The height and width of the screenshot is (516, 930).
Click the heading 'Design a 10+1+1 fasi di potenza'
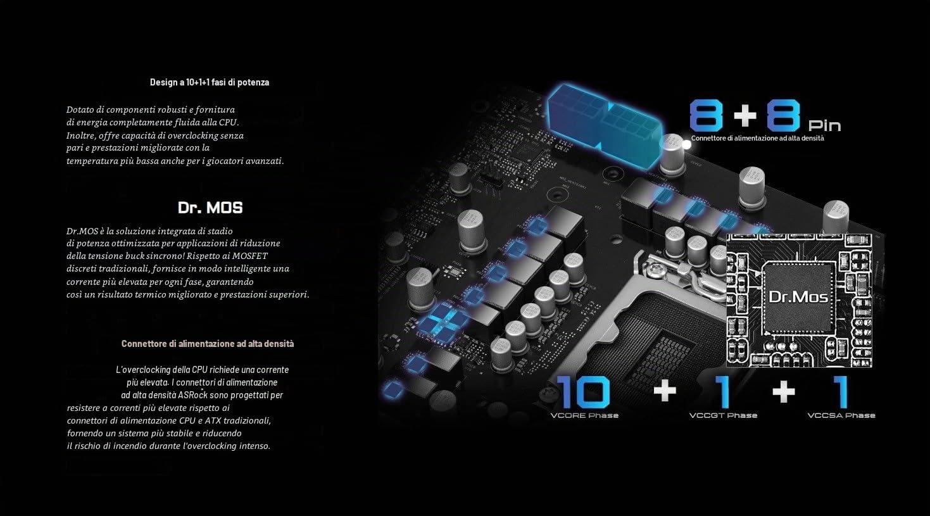pyautogui.click(x=210, y=82)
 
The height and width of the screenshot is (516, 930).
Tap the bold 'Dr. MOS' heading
pyautogui.click(x=210, y=208)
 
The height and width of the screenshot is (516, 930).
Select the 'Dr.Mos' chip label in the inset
pyautogui.click(x=798, y=296)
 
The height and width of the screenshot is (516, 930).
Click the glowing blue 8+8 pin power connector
pyautogui.click(x=605, y=125)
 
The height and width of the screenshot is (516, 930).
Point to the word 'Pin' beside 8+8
pyautogui.click(x=824, y=125)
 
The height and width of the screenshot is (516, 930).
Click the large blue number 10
pyautogui.click(x=583, y=392)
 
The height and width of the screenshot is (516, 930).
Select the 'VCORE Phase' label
pyautogui.click(x=584, y=415)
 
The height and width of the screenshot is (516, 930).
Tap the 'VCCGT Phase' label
pyautogui.click(x=723, y=415)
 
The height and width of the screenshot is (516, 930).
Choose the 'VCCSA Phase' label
pyautogui.click(x=841, y=415)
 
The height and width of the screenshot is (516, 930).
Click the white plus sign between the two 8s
pyautogui.click(x=745, y=115)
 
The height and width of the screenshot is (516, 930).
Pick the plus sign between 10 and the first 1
pyautogui.click(x=665, y=391)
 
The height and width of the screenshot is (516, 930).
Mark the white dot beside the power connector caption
pyautogui.click(x=687, y=145)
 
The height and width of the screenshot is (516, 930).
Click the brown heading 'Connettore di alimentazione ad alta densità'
pyautogui.click(x=208, y=344)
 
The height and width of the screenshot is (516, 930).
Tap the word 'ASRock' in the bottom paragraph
pyautogui.click(x=192, y=395)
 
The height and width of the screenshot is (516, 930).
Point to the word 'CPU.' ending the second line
pyautogui.click(x=229, y=122)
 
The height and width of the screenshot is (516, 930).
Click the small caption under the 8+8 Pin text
pyautogui.click(x=757, y=138)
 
